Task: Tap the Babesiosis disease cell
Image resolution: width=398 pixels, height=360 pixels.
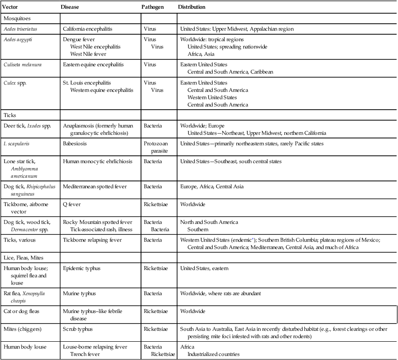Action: tap(75, 143)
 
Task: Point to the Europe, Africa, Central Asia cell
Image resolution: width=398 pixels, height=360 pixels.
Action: tap(212, 186)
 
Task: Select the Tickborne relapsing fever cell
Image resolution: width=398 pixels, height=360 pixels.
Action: tap(93, 240)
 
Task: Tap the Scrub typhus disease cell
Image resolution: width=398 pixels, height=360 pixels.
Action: tap(79, 329)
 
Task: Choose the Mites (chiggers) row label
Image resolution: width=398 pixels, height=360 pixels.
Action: tap(23, 329)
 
